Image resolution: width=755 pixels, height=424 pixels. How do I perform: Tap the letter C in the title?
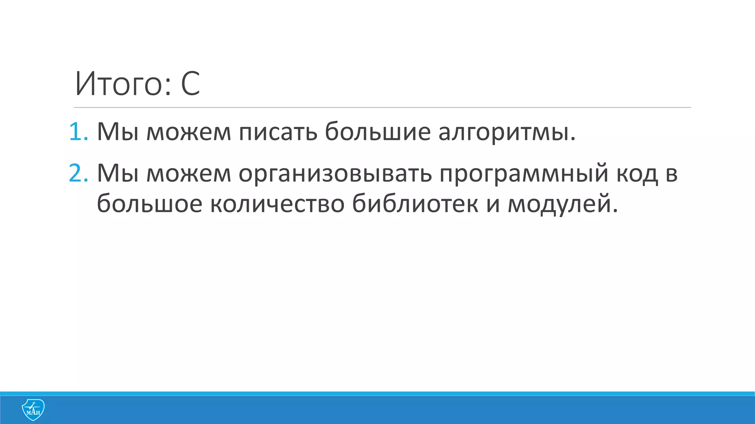click(190, 84)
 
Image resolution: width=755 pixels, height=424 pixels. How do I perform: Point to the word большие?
click(377, 131)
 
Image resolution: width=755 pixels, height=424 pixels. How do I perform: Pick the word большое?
click(149, 204)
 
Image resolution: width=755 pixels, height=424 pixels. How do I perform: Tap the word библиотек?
click(415, 204)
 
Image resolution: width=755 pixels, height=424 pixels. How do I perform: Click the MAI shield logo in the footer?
click(33, 410)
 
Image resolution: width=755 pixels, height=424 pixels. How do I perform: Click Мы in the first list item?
click(118, 132)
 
